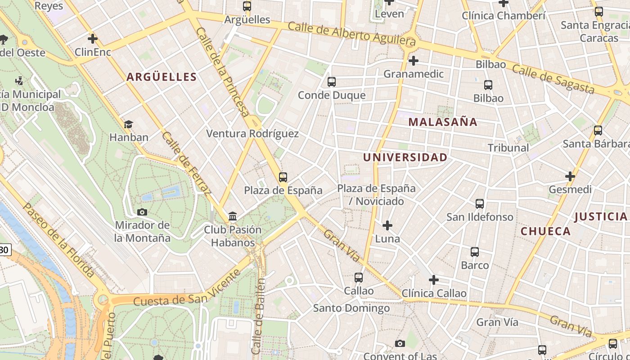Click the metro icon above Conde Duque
tap(332, 82)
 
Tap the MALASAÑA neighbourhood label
tap(443, 122)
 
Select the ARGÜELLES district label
tap(162, 77)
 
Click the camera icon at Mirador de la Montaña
tap(142, 212)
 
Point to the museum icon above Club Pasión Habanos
tap(233, 217)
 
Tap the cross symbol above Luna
tap(387, 225)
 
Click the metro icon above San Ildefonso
tap(480, 204)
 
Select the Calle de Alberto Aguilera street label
tap(351, 35)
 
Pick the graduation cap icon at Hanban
tap(128, 124)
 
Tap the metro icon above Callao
tap(359, 278)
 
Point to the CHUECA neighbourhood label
tap(545, 231)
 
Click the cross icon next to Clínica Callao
tap(433, 280)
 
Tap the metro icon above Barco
tap(475, 252)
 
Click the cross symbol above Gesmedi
tap(570, 176)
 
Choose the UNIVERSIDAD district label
tap(405, 157)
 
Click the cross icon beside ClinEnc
tap(93, 39)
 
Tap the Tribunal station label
tap(508, 148)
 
